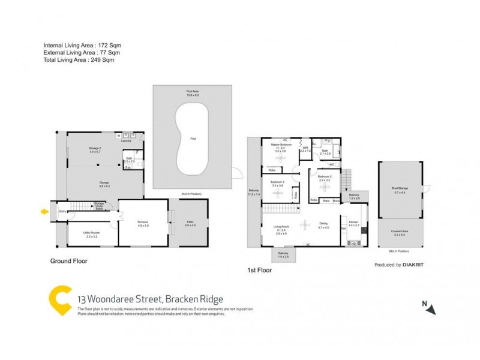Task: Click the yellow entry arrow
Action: [43, 211]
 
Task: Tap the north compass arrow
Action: [431, 309]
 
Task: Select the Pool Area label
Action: [192, 92]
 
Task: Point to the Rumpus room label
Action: [143, 222]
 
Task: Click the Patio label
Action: [189, 222]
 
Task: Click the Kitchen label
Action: [354, 222]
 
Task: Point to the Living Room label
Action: [281, 227]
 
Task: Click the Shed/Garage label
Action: [400, 189]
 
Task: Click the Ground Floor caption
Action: [70, 261]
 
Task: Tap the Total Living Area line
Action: [79, 60]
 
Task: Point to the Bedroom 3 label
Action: [277, 182]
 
